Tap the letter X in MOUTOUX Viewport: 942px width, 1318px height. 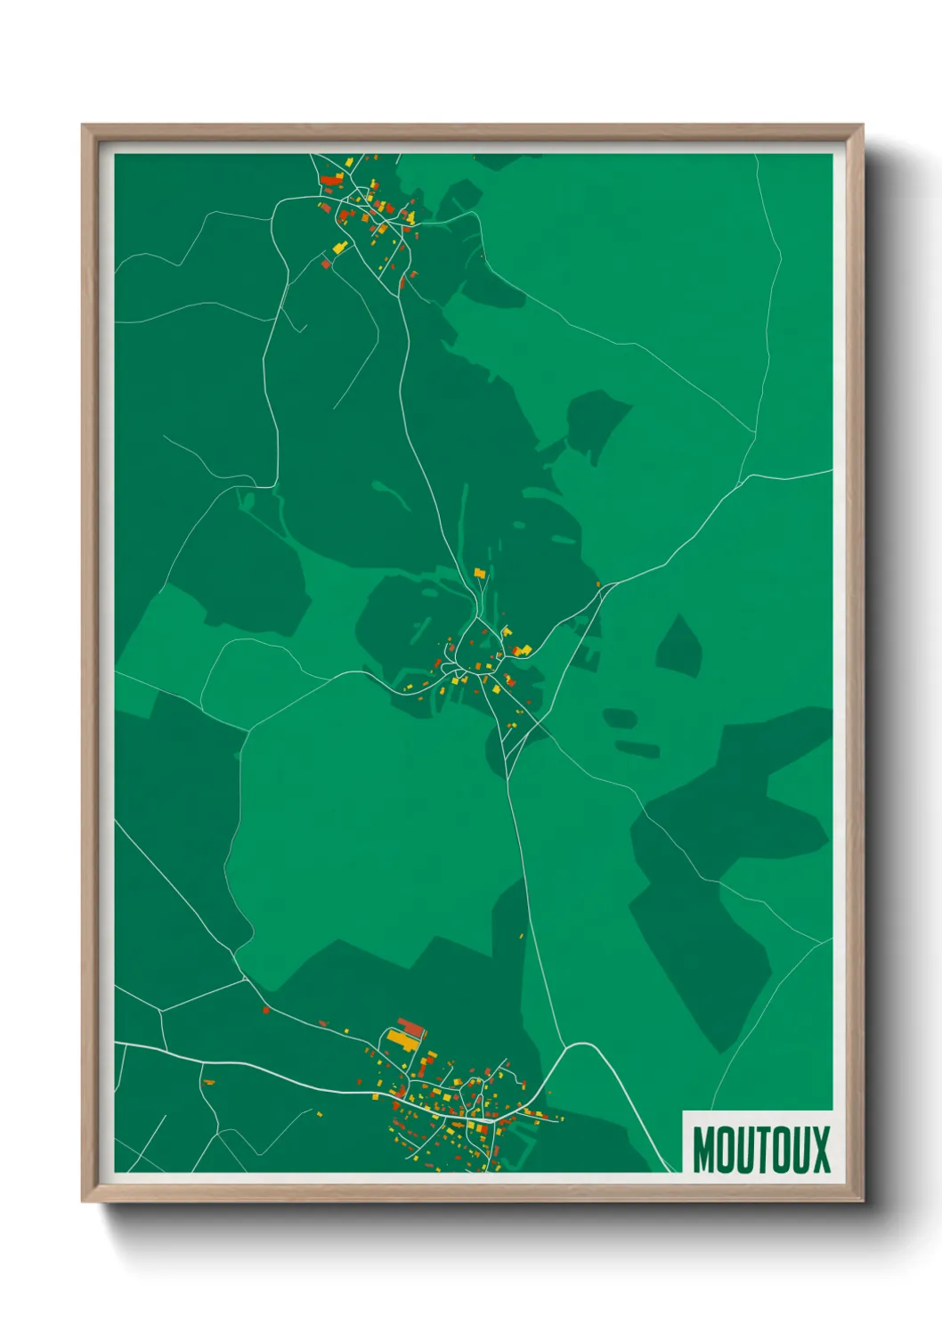click(x=819, y=1150)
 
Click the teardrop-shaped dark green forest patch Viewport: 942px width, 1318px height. click(x=680, y=647)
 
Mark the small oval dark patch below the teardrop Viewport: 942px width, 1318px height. click(x=620, y=717)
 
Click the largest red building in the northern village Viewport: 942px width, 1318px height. click(x=331, y=180)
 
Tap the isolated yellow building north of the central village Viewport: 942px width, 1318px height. click(x=480, y=573)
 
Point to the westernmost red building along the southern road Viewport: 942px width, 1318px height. click(x=265, y=1010)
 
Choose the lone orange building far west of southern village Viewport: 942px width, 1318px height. click(x=208, y=1082)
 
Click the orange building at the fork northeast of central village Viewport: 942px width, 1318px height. click(x=598, y=585)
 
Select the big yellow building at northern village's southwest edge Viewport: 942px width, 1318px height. click(x=338, y=248)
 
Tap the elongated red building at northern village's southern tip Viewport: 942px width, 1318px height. click(x=402, y=282)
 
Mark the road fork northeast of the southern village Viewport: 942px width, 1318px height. click(x=564, y=1048)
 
